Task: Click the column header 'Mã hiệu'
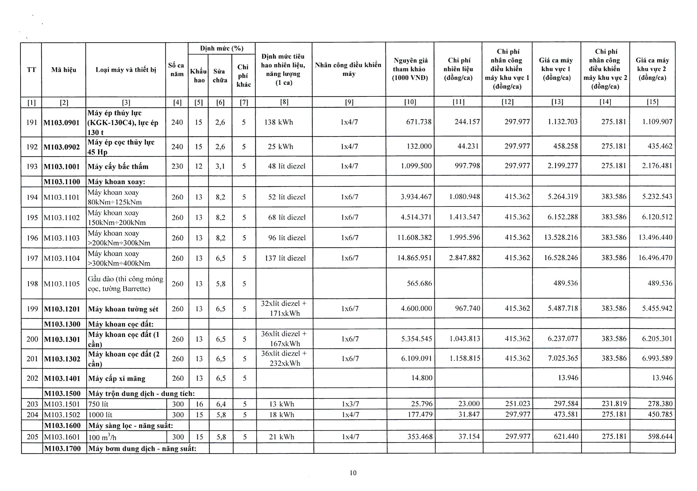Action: click(63, 70)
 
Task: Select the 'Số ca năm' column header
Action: click(176, 70)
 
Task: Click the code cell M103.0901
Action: click(62, 123)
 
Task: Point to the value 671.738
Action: click(418, 122)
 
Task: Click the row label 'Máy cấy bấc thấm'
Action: click(118, 167)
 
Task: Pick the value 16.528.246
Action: click(561, 258)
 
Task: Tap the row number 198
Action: click(32, 284)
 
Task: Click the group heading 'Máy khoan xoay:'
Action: click(117, 182)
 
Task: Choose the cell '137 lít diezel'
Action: click(285, 258)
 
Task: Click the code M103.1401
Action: click(62, 379)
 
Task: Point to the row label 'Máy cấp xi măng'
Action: click(117, 379)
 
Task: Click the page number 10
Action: click(353, 473)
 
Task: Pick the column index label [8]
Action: click(284, 102)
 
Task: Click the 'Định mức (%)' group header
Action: click(222, 49)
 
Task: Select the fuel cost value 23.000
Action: click(469, 404)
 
